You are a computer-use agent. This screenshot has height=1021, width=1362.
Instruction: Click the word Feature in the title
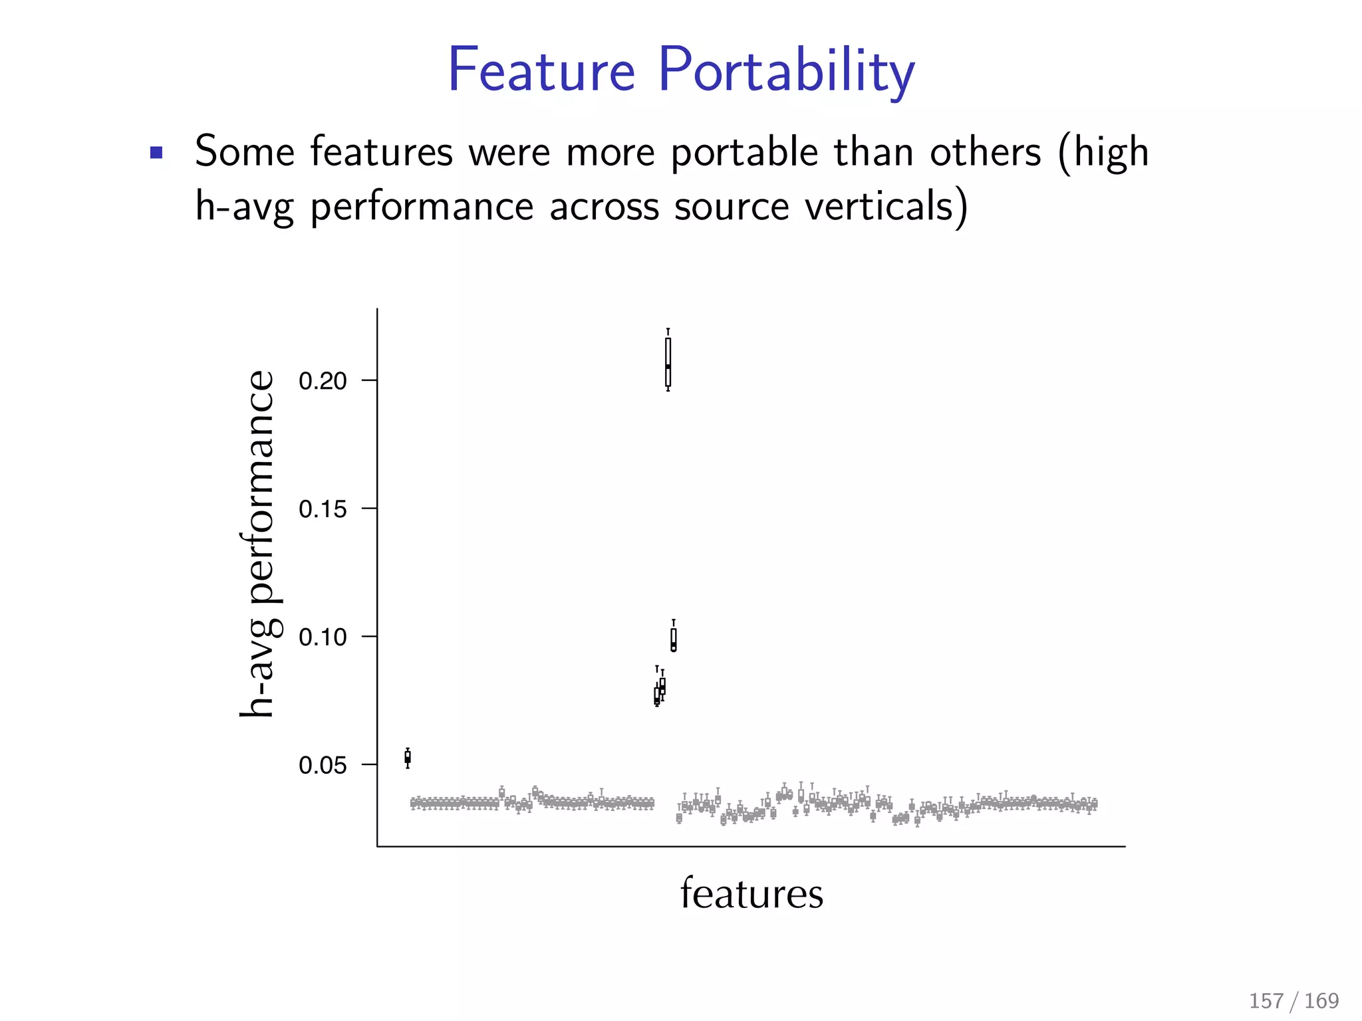[x=541, y=70]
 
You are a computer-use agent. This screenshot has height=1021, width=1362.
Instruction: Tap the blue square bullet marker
[x=156, y=153]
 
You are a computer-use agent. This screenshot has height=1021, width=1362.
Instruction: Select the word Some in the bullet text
[x=244, y=152]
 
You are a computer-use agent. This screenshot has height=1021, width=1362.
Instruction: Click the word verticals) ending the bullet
[x=886, y=207]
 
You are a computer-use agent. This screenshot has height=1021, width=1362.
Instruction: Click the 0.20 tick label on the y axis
[x=323, y=381]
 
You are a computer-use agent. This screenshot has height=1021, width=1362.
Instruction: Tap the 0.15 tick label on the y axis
[x=323, y=509]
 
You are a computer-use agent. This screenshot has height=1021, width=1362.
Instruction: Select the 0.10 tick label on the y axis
[x=323, y=637]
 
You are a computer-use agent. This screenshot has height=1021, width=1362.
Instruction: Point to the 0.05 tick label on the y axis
[x=323, y=766]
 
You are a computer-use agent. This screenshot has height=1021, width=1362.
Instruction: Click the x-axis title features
[x=751, y=893]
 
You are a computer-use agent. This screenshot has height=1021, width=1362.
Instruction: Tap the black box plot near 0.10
[x=674, y=639]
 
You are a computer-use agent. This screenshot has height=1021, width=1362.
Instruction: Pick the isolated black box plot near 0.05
[x=408, y=757]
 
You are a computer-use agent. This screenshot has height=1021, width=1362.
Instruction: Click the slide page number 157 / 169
[x=1294, y=1000]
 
